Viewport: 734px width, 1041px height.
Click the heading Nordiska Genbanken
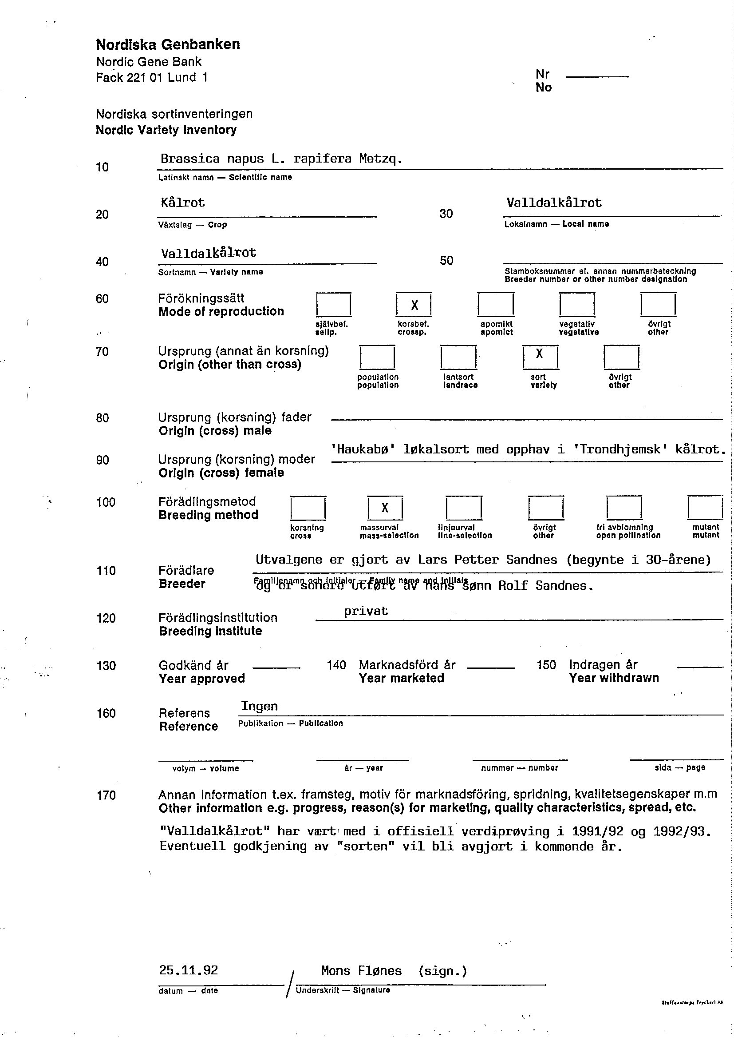(168, 44)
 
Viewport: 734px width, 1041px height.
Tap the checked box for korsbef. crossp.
(414, 305)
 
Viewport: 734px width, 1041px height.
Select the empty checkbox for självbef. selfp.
(333, 305)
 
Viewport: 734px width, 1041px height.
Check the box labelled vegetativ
(577, 305)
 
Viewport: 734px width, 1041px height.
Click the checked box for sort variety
(540, 357)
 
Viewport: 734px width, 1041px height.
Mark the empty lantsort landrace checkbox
(458, 357)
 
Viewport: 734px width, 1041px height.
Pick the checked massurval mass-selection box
(385, 508)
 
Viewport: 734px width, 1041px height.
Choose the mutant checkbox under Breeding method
(705, 508)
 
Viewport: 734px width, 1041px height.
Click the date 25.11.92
(188, 970)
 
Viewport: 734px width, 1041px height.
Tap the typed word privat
(366, 611)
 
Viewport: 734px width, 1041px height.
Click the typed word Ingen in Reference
(259, 706)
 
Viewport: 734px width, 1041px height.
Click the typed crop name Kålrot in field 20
(182, 202)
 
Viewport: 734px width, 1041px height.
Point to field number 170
(106, 795)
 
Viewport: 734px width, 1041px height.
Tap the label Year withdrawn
(613, 678)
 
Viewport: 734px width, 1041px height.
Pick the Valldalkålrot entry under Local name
(554, 203)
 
